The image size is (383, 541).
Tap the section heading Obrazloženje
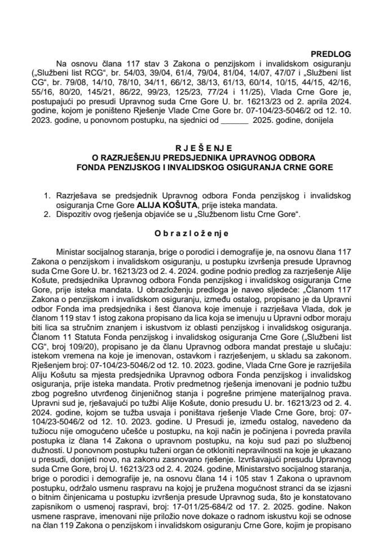tap(191, 235)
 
